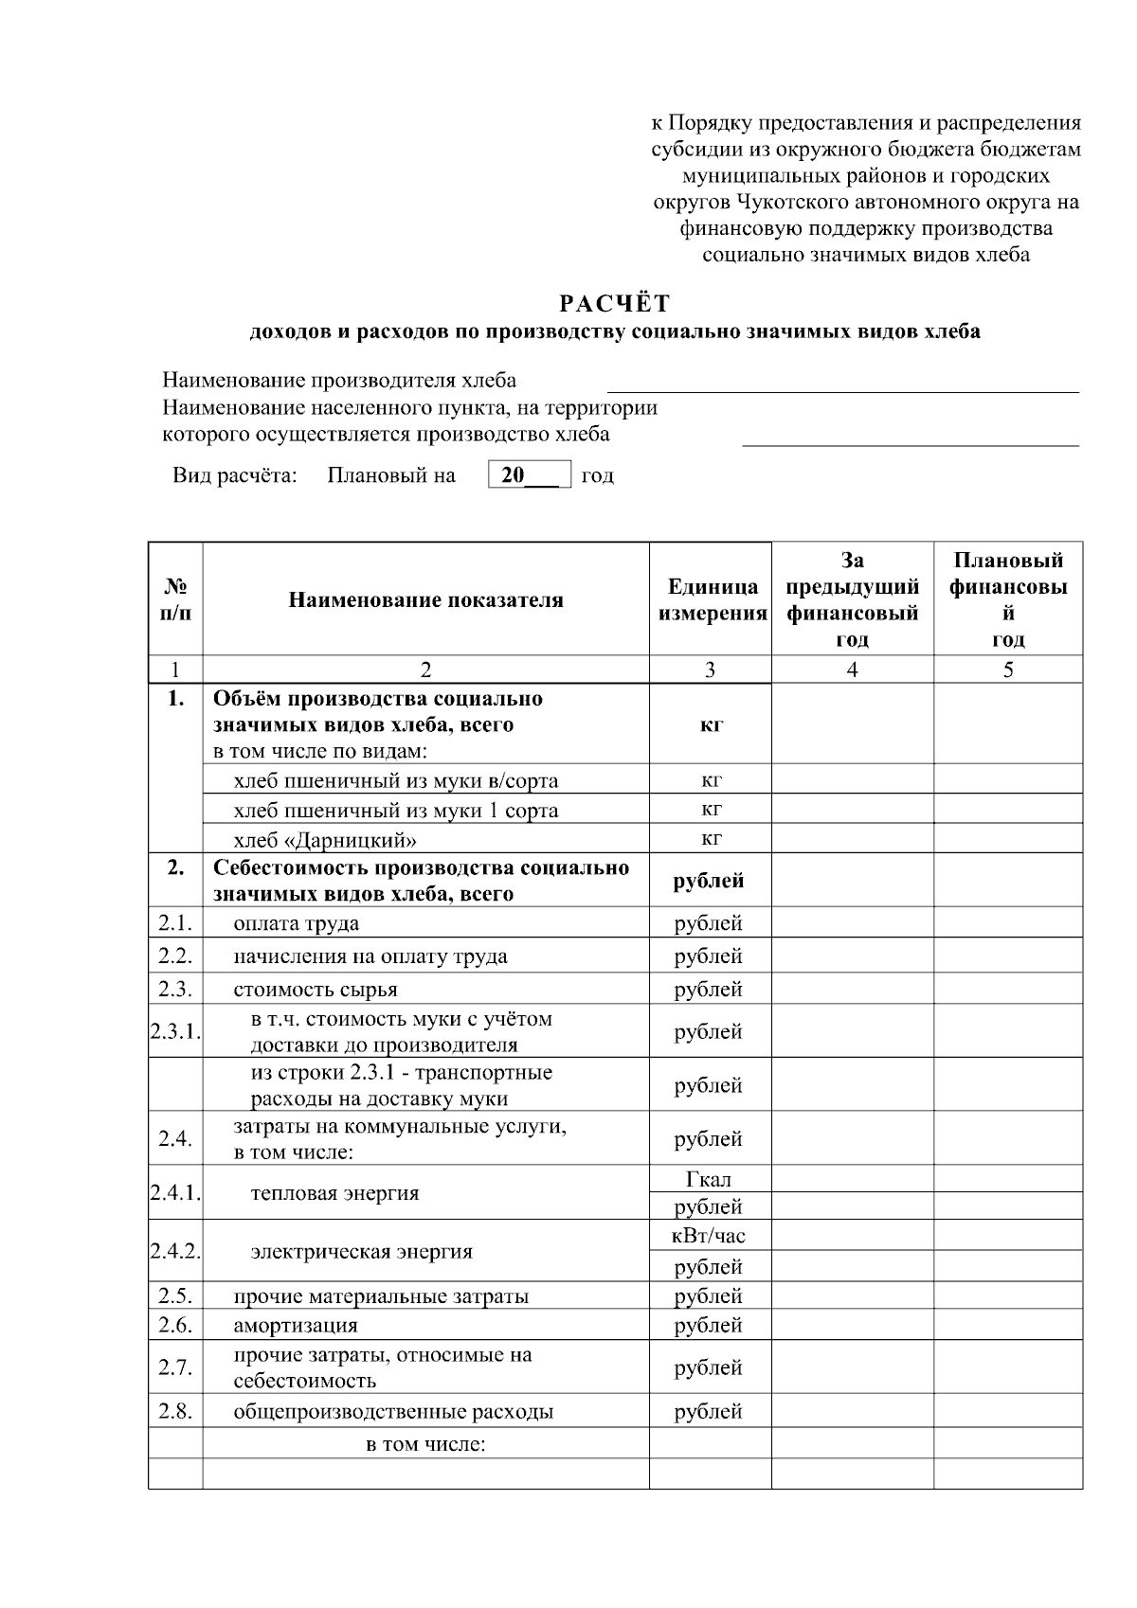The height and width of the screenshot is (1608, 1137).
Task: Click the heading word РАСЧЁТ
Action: [x=614, y=304]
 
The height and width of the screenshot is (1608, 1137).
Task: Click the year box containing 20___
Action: [x=529, y=474]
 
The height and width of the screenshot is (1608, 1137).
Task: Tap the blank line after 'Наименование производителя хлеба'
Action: [x=842, y=384]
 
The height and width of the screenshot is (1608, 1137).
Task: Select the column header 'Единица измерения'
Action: [x=712, y=600]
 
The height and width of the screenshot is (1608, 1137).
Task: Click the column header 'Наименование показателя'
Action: [x=425, y=600]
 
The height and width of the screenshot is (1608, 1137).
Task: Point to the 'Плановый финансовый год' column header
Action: [x=1008, y=600]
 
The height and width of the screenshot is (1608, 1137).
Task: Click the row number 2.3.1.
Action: [x=175, y=1031]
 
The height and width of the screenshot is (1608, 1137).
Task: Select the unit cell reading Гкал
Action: [x=709, y=1179]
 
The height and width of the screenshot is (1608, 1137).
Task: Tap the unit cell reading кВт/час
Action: [x=709, y=1236]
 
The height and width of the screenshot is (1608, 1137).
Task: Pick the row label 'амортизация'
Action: [x=296, y=1325]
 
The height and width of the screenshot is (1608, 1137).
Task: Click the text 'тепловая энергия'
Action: [x=334, y=1193]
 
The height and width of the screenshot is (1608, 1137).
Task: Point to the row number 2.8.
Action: [x=175, y=1411]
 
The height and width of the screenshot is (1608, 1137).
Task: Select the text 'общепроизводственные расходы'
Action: [x=393, y=1412]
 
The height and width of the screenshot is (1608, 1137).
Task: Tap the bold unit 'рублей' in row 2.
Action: [x=709, y=881]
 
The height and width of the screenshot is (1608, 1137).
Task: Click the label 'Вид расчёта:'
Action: [x=235, y=475]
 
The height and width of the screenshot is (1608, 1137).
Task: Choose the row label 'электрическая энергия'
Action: [x=361, y=1252]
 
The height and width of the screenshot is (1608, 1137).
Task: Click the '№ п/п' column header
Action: [x=175, y=600]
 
